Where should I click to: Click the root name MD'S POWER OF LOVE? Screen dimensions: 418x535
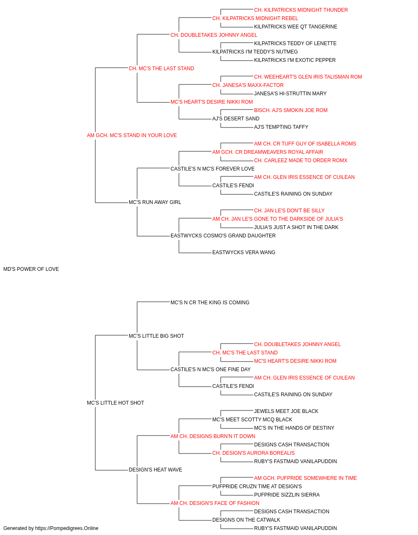pyautogui.click(x=31, y=269)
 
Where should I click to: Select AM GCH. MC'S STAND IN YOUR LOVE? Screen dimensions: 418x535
pyautogui.click(x=132, y=135)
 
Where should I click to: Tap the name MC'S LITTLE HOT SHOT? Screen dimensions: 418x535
pyautogui.click(x=115, y=403)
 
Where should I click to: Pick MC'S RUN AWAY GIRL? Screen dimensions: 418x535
pyautogui.click(x=155, y=202)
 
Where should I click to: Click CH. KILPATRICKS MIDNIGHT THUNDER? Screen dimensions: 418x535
pyautogui.click(x=301, y=10)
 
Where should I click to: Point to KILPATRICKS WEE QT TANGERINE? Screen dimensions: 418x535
pyautogui.click(x=296, y=27)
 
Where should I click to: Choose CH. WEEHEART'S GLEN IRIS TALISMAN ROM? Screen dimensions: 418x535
pyautogui.click(x=308, y=77)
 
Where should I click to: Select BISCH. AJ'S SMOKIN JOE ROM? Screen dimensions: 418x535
pyautogui.click(x=291, y=110)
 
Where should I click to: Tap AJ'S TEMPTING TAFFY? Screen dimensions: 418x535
pyautogui.click(x=281, y=127)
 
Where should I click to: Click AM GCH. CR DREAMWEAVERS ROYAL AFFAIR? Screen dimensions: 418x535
pyautogui.click(x=268, y=152)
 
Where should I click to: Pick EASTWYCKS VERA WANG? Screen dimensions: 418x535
pyautogui.click(x=244, y=252)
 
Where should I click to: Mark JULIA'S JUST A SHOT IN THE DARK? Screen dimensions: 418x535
pyautogui.click(x=296, y=227)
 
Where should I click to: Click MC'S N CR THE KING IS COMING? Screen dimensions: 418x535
pyautogui.click(x=210, y=303)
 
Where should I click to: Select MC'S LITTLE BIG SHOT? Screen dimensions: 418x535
pyautogui.click(x=156, y=336)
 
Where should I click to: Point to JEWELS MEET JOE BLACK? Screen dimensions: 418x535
pyautogui.click(x=286, y=411)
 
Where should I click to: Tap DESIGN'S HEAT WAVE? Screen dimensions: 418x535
pyautogui.click(x=155, y=470)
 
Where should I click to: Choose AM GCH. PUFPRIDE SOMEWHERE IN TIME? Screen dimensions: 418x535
pyautogui.click(x=305, y=478)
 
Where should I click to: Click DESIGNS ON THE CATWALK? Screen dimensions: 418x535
pyautogui.click(x=246, y=520)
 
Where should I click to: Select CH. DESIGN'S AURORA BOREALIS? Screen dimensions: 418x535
pyautogui.click(x=253, y=453)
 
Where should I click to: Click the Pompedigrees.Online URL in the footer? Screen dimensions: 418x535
pyautogui.click(x=67, y=528)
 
